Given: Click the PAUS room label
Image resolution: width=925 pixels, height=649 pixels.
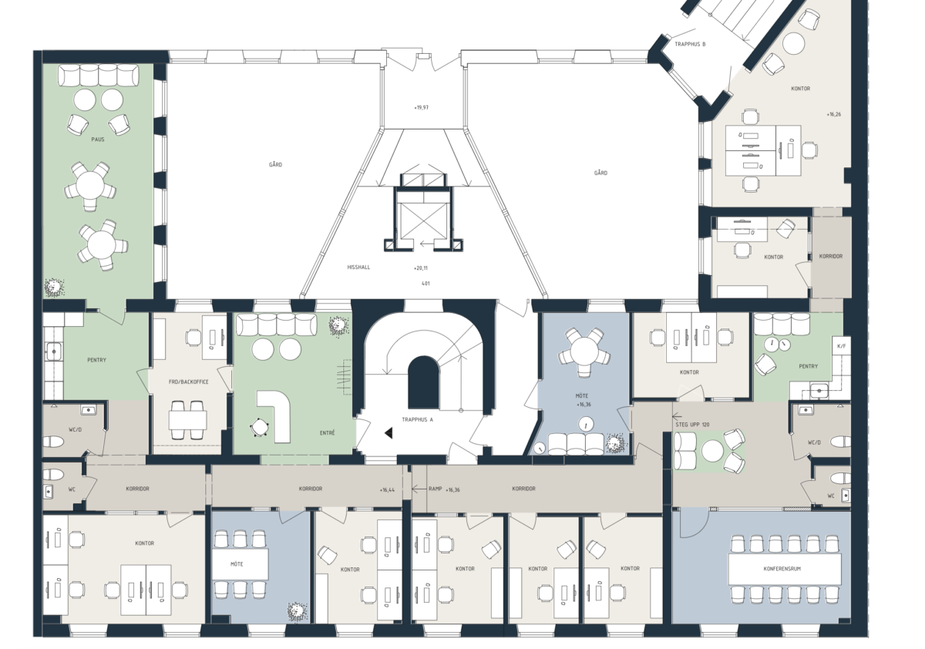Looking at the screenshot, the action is click(98, 140).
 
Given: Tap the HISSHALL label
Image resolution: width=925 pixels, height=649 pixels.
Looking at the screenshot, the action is click(358, 267).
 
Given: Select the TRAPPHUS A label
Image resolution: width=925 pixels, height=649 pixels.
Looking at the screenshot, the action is click(418, 419).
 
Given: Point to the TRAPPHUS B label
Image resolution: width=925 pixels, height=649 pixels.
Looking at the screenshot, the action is click(690, 44).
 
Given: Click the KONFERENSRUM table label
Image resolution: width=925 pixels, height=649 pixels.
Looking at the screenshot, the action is click(782, 569).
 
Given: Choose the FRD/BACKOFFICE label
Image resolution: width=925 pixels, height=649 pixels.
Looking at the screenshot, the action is click(188, 382).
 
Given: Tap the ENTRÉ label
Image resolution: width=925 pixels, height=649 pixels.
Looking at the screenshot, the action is click(327, 432).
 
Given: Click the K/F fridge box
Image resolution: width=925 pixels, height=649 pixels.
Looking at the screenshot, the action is click(841, 346).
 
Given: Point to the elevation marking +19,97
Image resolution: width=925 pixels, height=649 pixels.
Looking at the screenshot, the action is click(421, 107).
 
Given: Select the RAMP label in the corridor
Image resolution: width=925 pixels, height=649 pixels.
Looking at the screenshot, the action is click(436, 489).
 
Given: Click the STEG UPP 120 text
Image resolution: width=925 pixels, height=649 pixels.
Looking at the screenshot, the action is click(692, 425).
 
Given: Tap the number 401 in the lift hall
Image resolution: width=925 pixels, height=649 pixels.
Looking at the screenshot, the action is click(425, 283).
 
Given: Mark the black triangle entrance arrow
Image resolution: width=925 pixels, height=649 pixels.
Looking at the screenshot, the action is click(388, 432).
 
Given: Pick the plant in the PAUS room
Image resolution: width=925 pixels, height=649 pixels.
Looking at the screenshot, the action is click(54, 288).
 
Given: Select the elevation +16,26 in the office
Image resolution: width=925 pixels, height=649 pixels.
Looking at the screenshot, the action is click(834, 114).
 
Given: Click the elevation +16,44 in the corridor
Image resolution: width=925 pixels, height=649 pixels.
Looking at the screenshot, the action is click(387, 489).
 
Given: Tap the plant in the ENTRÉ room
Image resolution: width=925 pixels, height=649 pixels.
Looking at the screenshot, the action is click(339, 327).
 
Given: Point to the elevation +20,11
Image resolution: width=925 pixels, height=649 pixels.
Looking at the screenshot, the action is click(421, 268).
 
